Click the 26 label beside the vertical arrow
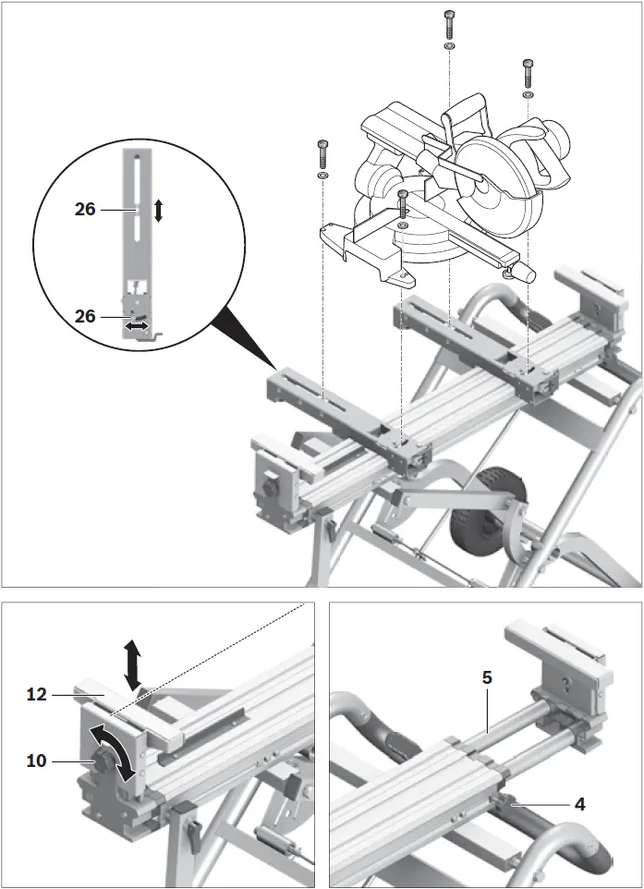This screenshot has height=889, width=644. point(85,210)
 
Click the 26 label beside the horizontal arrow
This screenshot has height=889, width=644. point(85,316)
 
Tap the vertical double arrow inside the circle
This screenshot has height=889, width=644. point(158,211)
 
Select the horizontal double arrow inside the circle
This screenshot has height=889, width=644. point(139,326)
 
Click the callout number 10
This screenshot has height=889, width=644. point(37,761)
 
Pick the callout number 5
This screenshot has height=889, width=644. point(487,677)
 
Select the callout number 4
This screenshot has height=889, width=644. point(579,803)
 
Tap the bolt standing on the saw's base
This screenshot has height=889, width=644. point(403,202)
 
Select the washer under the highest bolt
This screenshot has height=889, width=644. point(448,45)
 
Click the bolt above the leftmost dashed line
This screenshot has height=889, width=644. point(322,151)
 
